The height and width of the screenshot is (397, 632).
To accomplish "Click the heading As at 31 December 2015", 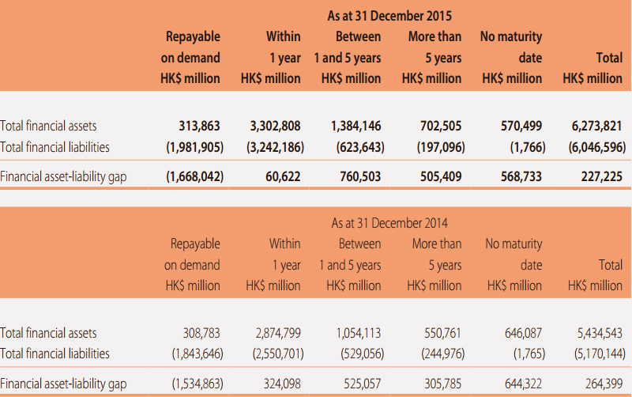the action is tap(389, 16).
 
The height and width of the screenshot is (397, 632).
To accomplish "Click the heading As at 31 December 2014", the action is tap(389, 223).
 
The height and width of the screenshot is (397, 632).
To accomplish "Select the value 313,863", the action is tap(200, 126).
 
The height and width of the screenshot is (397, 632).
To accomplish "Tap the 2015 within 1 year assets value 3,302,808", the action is tap(275, 126).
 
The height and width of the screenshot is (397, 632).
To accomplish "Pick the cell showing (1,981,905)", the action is tap(194, 147).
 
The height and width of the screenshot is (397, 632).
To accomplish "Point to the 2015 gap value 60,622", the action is tap(283, 176).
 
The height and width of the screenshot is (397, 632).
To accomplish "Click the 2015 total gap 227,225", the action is tap(602, 176).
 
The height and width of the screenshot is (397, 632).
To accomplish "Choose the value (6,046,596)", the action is tap(597, 147).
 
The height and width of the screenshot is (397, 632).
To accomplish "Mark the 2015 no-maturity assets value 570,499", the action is tap(521, 126).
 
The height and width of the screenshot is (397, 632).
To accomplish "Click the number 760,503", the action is tap(360, 176).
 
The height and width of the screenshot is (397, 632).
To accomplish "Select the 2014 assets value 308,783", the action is tap(201, 333).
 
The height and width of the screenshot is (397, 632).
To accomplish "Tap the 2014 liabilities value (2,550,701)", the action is tap(278, 354).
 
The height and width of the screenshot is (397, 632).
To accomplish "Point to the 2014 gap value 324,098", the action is tap(282, 384).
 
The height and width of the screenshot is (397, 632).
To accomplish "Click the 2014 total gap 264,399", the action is tap(604, 384).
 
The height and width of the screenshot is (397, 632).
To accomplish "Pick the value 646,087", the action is tap(523, 333).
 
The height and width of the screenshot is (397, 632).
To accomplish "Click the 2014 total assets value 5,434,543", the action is tap(600, 333).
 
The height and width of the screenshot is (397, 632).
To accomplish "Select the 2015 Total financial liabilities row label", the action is tap(55, 147).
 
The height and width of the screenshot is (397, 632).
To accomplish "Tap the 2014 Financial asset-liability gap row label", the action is tap(63, 384).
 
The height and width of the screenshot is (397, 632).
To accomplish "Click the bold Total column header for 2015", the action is tap(609, 58).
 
